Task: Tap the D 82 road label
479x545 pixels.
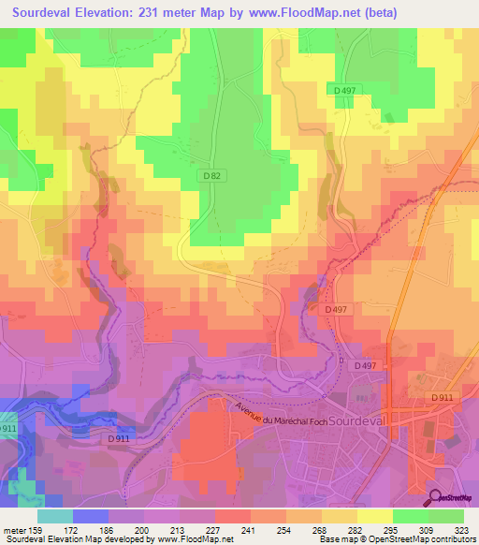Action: [x=211, y=175]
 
